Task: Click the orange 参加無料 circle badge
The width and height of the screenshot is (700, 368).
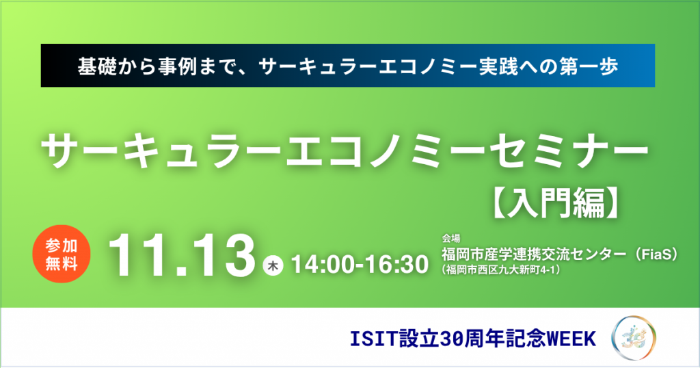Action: click(x=62, y=254)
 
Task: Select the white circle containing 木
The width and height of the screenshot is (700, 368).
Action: click(x=273, y=265)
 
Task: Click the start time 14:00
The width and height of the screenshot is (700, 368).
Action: click(x=321, y=265)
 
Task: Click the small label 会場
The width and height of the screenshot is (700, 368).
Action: click(x=450, y=239)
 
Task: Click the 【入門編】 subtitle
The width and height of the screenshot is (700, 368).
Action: click(x=556, y=203)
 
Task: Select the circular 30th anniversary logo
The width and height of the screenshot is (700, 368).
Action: click(x=634, y=338)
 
